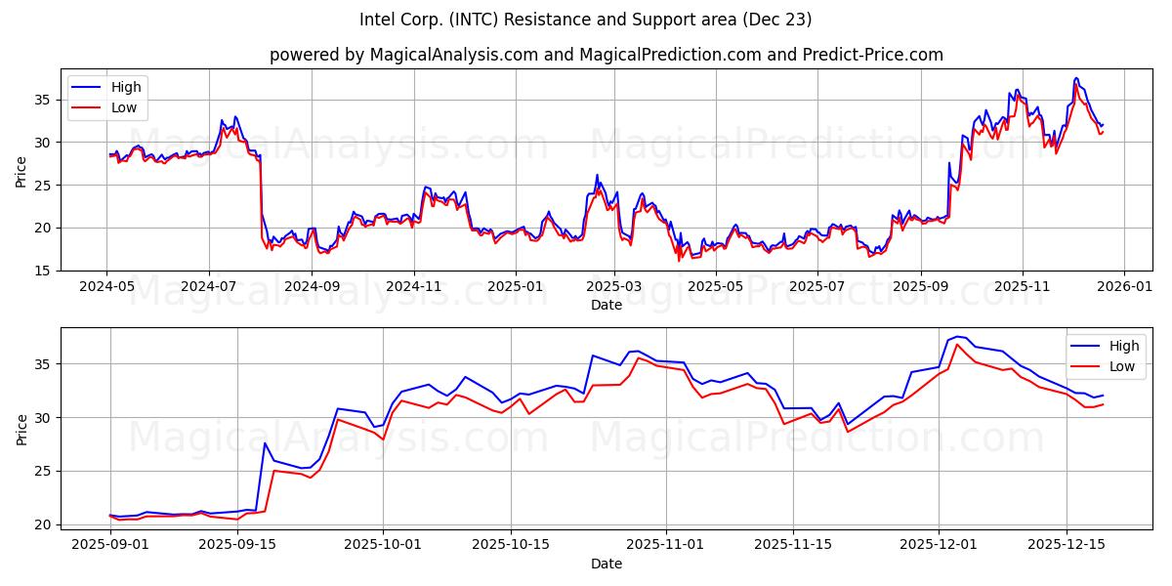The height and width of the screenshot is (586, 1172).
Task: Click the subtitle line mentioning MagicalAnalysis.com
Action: point(607,55)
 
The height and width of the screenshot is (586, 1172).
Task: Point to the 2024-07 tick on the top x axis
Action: point(209,287)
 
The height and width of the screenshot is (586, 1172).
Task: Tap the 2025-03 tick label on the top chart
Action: point(614,287)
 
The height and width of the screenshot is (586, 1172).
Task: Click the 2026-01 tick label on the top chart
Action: point(1123,287)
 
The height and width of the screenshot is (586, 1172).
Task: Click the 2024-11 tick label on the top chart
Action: point(413,287)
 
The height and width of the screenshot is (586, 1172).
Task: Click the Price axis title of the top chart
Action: point(21,171)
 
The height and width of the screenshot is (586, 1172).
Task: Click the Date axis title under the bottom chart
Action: point(607,564)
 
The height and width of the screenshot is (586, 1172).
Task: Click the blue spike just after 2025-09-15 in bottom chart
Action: point(265,443)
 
